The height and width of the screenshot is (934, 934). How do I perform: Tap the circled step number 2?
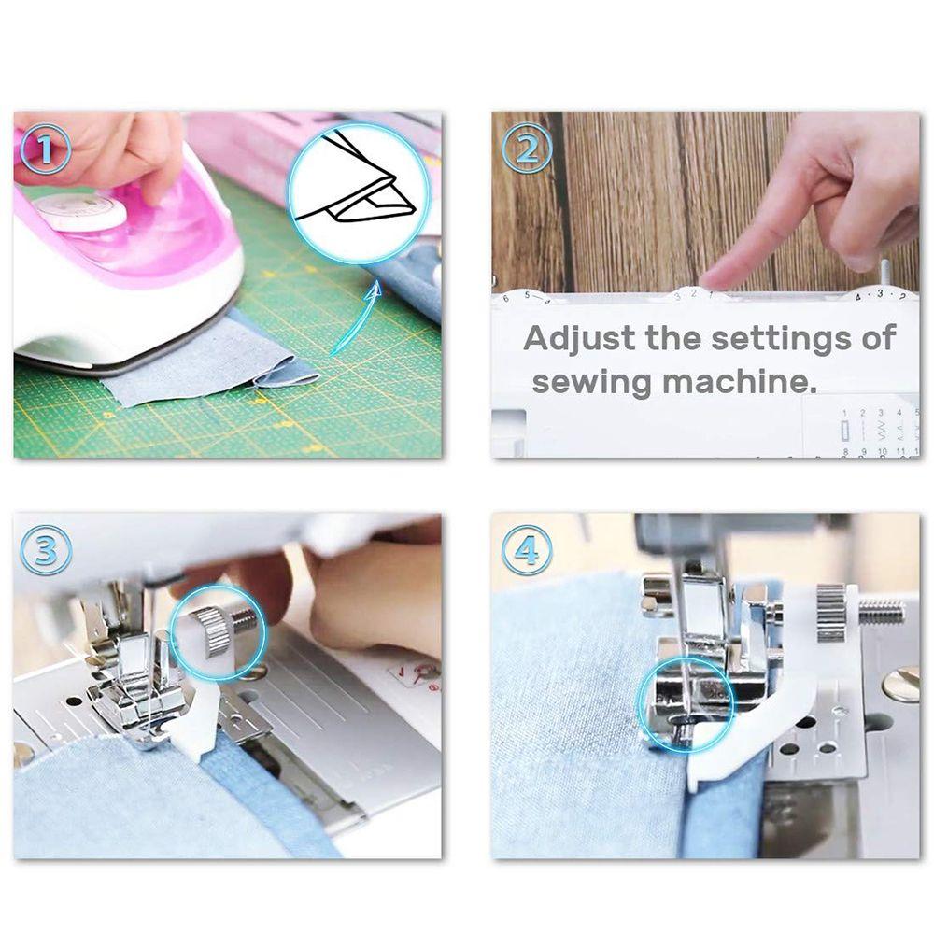click(527, 151)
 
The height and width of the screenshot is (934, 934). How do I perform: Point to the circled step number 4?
click(527, 551)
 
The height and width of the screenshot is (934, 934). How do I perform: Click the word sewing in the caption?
click(590, 381)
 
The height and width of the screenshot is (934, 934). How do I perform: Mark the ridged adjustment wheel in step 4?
click(830, 613)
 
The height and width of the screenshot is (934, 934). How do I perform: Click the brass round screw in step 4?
click(900, 684)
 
